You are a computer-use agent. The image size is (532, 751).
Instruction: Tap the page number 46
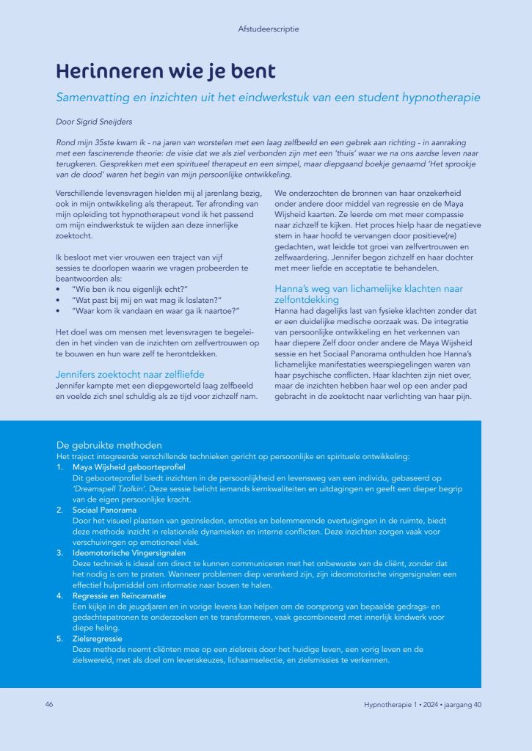[x=49, y=705]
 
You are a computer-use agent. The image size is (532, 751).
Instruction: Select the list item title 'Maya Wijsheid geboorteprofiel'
[x=129, y=466]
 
